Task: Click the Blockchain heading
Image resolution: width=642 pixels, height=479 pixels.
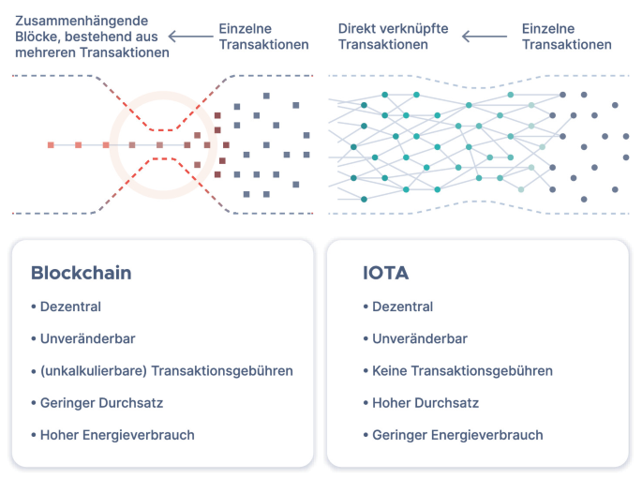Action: pyautogui.click(x=82, y=274)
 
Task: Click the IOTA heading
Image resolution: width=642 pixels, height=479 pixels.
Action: pyautogui.click(x=386, y=274)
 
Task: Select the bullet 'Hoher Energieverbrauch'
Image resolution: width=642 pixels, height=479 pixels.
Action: pyautogui.click(x=117, y=435)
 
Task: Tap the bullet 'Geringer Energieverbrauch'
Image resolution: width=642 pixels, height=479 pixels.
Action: pyautogui.click(x=457, y=435)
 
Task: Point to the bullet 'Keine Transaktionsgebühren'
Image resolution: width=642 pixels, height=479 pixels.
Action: pyautogui.click(x=462, y=371)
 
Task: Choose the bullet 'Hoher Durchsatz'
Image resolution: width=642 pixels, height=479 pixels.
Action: pyautogui.click(x=426, y=403)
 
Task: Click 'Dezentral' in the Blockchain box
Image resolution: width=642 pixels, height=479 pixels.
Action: pyautogui.click(x=70, y=307)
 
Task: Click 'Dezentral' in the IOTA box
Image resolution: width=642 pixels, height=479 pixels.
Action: pyautogui.click(x=402, y=307)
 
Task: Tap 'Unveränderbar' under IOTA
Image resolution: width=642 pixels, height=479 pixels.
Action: pyautogui.click(x=419, y=338)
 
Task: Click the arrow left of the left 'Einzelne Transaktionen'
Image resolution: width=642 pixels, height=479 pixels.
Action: pyautogui.click(x=191, y=37)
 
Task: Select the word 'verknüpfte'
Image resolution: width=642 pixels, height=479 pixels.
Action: pyautogui.click(x=416, y=29)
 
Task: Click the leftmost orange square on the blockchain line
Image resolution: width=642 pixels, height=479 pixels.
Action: pyautogui.click(x=52, y=145)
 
